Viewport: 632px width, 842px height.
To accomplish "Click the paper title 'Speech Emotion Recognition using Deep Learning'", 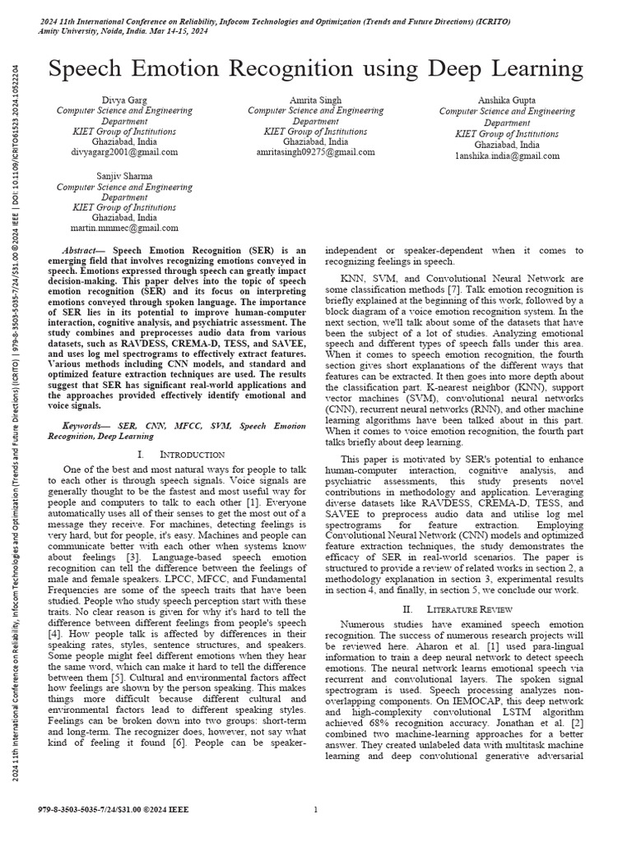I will pyautogui.click(x=316, y=69).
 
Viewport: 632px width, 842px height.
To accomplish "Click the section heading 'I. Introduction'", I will pyautogui.click(x=180, y=454).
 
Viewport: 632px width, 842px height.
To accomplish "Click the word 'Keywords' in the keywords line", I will pyautogui.click(x=86, y=427).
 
